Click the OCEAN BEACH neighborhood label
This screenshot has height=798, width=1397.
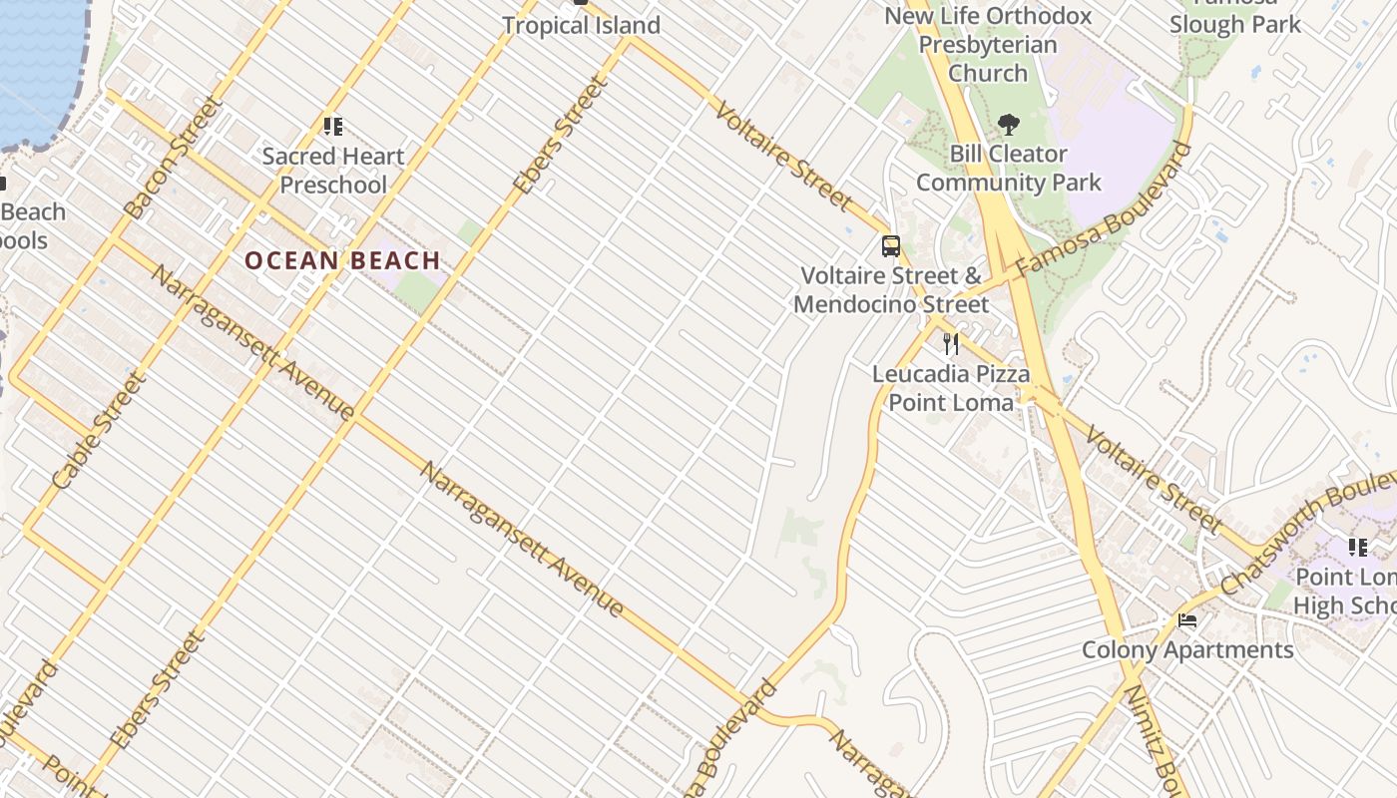click(x=342, y=260)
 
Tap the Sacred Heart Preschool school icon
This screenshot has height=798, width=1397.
click(x=332, y=127)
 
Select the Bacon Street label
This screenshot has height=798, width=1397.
click(x=171, y=158)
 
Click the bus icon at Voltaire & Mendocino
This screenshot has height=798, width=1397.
click(x=891, y=245)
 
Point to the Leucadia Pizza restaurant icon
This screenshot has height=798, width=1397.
click(x=951, y=344)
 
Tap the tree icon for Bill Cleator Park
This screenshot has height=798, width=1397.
click(x=1009, y=125)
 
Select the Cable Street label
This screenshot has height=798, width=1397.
click(x=98, y=431)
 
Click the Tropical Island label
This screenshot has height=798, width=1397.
click(x=581, y=25)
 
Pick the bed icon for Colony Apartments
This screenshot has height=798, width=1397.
click(x=1187, y=620)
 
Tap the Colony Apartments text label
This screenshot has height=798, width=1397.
click(x=1187, y=650)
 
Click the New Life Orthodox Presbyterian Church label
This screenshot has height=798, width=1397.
click(x=988, y=44)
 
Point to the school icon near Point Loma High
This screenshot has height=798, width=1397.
click(x=1358, y=547)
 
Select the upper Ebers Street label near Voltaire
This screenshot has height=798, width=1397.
click(x=560, y=137)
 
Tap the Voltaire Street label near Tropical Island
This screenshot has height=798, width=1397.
click(x=783, y=154)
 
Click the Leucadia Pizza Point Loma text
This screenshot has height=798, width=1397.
click(x=951, y=388)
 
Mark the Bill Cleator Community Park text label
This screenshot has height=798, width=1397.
click(x=1008, y=168)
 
